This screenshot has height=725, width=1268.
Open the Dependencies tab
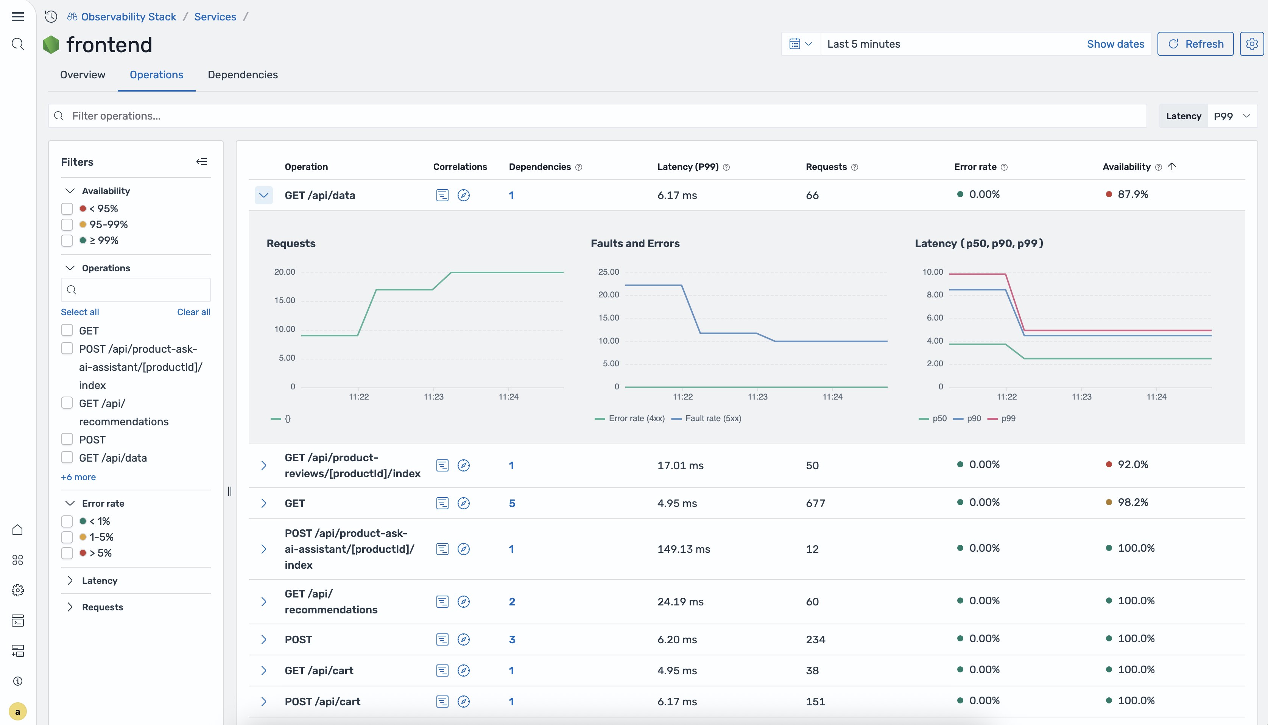tap(243, 75)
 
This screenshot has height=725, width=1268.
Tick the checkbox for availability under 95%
tap(67, 208)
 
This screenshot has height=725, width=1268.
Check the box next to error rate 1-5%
tap(67, 537)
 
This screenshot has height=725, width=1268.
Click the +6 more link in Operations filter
tap(78, 477)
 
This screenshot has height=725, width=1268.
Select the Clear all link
tap(193, 312)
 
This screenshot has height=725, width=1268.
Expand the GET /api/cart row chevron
tap(263, 671)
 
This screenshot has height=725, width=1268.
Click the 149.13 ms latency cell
tap(683, 549)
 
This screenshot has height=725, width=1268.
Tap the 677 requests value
tap(815, 503)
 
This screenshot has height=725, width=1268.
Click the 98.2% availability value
tap(1132, 503)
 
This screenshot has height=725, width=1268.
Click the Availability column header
tap(1126, 167)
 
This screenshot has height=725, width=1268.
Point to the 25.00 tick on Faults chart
tap(608, 272)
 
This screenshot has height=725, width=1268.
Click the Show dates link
tap(1115, 44)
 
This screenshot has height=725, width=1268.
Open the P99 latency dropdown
tap(1232, 116)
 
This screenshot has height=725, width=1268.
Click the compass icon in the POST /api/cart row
tap(463, 702)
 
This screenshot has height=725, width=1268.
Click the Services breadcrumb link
tap(215, 17)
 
